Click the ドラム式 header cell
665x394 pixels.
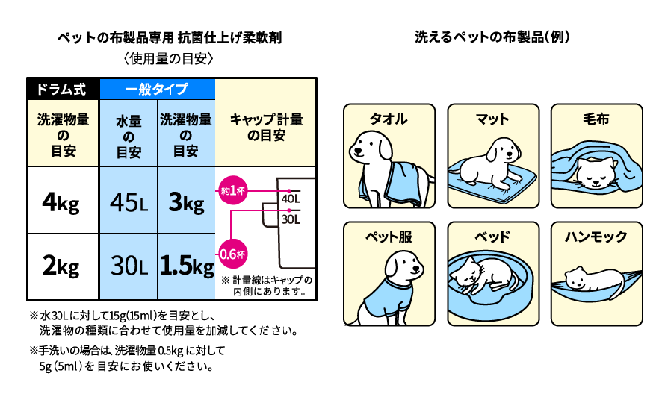(63, 89)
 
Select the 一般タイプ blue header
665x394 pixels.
(158, 89)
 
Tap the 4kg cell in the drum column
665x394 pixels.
(63, 201)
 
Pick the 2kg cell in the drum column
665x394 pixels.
(63, 266)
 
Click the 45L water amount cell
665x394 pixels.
(129, 201)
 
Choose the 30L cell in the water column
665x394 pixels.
(129, 266)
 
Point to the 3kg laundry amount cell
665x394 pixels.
(186, 201)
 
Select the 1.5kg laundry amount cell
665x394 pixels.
(186, 266)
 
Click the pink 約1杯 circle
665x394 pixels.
(232, 190)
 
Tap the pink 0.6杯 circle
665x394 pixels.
(232, 254)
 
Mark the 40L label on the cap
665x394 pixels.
(291, 199)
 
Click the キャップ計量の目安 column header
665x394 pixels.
(266, 128)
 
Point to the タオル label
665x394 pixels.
(389, 119)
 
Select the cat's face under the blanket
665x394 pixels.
(596, 173)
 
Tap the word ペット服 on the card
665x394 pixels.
(389, 237)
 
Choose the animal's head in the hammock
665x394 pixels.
(575, 277)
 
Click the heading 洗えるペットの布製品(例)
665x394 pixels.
(492, 37)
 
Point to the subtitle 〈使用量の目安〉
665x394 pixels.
(169, 58)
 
